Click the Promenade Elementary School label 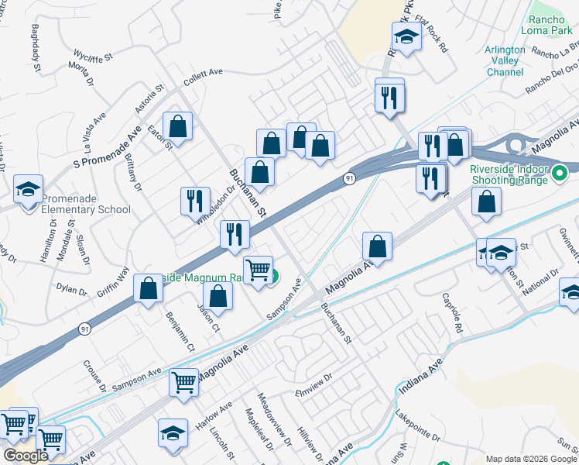[x=85, y=203]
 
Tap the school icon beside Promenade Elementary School [x=29, y=190]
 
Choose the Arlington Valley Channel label [x=505, y=60]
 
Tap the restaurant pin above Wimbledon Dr [x=195, y=201]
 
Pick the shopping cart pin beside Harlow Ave [x=183, y=382]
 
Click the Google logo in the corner [x=26, y=456]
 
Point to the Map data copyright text [x=531, y=459]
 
